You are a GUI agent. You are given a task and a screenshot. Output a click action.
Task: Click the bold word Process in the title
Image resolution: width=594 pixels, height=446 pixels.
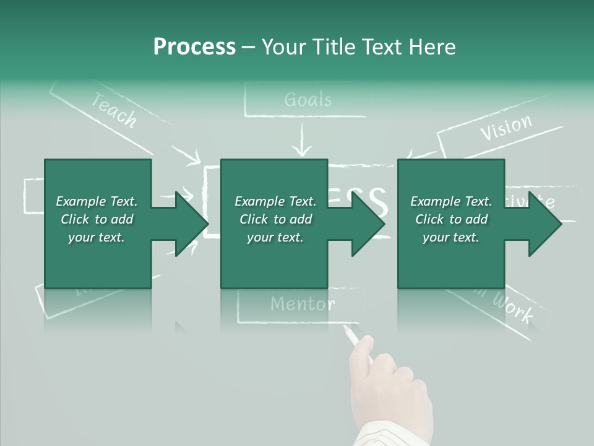tap(194, 47)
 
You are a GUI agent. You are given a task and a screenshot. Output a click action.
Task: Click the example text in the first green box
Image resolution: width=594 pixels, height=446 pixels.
tap(97, 219)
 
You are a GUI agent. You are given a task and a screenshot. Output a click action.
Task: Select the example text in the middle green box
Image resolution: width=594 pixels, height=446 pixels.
tap(275, 219)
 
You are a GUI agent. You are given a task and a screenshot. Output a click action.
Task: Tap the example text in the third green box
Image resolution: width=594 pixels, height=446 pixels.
tap(451, 219)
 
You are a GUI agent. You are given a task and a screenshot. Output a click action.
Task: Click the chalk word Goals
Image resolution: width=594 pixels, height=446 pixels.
tap(308, 100)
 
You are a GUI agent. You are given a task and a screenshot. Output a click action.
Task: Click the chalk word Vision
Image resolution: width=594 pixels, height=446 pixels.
tap(506, 127)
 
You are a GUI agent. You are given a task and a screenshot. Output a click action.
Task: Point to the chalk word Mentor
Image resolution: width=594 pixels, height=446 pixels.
tap(302, 304)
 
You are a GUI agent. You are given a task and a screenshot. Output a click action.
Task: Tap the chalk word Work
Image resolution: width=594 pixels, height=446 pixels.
tap(513, 308)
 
